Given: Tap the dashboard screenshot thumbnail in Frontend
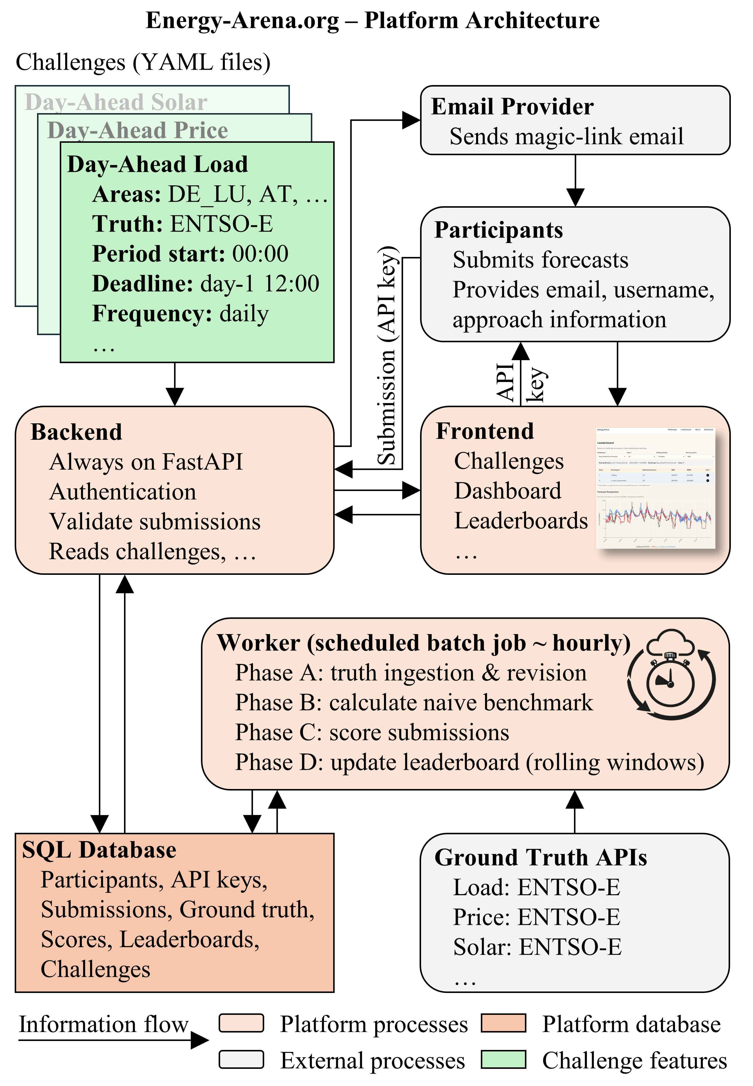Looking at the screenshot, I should (655, 488).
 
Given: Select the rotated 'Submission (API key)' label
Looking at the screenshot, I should (388, 356).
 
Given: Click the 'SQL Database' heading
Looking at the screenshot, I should (99, 850).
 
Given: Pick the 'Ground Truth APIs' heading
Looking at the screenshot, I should (540, 857).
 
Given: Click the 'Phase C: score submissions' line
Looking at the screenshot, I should (372, 733).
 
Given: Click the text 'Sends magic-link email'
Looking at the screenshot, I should (566, 137).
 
